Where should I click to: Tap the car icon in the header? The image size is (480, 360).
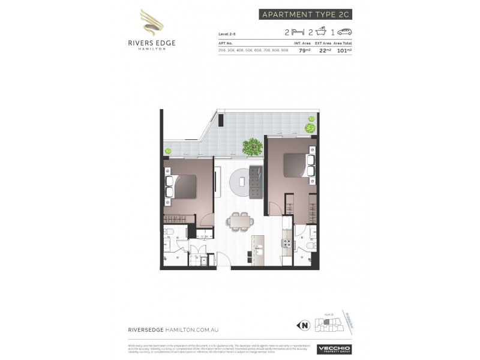click(x=345, y=32)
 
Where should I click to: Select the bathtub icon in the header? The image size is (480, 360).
click(x=322, y=31)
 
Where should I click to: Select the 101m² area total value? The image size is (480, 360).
click(x=344, y=50)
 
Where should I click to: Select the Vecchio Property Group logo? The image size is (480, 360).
click(x=335, y=349)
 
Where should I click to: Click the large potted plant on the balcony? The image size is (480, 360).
click(x=252, y=146)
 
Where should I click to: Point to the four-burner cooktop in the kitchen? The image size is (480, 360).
click(x=287, y=244)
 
